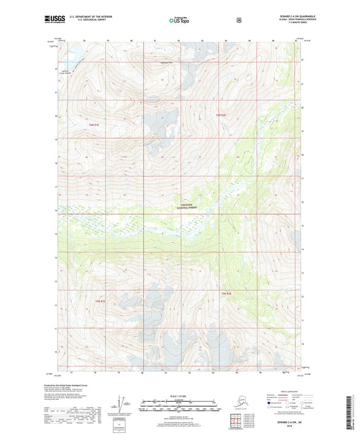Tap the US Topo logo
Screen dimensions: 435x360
[179, 20]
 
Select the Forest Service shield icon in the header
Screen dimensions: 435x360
[238, 20]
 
